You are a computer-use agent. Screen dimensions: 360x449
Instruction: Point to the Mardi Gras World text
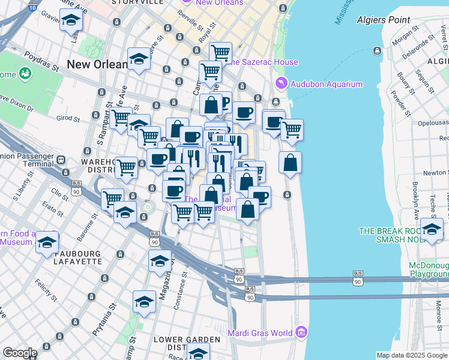260,333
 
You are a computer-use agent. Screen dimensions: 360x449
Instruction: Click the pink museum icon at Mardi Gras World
301,332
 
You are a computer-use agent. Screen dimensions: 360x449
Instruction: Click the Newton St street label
433,173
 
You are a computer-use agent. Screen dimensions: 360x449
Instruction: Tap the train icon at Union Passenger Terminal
61,160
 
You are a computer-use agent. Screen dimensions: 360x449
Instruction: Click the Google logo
20,353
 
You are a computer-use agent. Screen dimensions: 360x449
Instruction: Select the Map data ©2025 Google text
411,355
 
